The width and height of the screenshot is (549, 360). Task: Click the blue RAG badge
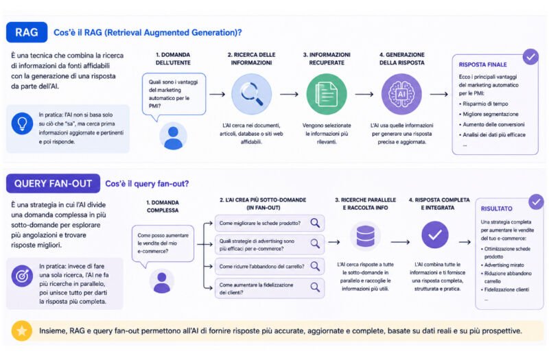click(27, 32)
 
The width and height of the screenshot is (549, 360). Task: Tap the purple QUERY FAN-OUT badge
click(53, 184)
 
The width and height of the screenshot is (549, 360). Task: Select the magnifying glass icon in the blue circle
click(251, 94)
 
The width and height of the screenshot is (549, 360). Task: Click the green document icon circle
click(327, 94)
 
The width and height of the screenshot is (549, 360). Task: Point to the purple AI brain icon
click(401, 94)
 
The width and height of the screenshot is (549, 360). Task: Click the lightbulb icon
click(22, 123)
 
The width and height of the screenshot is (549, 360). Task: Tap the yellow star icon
click(22, 331)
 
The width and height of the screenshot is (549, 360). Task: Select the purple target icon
click(22, 276)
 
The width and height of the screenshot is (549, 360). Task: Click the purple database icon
click(365, 236)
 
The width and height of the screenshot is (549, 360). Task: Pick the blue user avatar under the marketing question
click(173, 136)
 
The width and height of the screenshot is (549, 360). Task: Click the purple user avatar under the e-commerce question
click(162, 281)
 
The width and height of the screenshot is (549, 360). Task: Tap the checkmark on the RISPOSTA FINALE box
click(530, 57)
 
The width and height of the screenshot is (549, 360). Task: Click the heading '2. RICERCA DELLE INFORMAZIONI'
click(251, 59)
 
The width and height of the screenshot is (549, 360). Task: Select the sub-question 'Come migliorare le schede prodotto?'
click(260, 224)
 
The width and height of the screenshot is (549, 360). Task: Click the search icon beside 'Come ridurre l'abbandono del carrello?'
click(315, 266)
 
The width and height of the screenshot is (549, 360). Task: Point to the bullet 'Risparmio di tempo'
click(485, 104)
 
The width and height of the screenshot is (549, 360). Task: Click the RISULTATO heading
click(496, 208)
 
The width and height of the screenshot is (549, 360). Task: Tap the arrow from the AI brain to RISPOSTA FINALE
click(439, 94)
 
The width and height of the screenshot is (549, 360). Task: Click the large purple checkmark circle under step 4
click(435, 235)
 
